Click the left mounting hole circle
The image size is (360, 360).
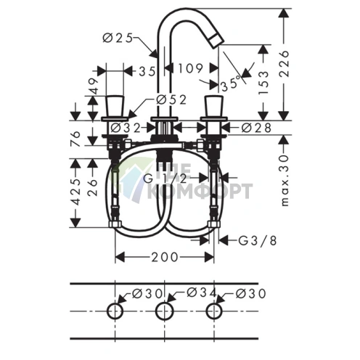pos(115,312)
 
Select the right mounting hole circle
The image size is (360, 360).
pos(213,312)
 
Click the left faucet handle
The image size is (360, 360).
pos(115,105)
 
